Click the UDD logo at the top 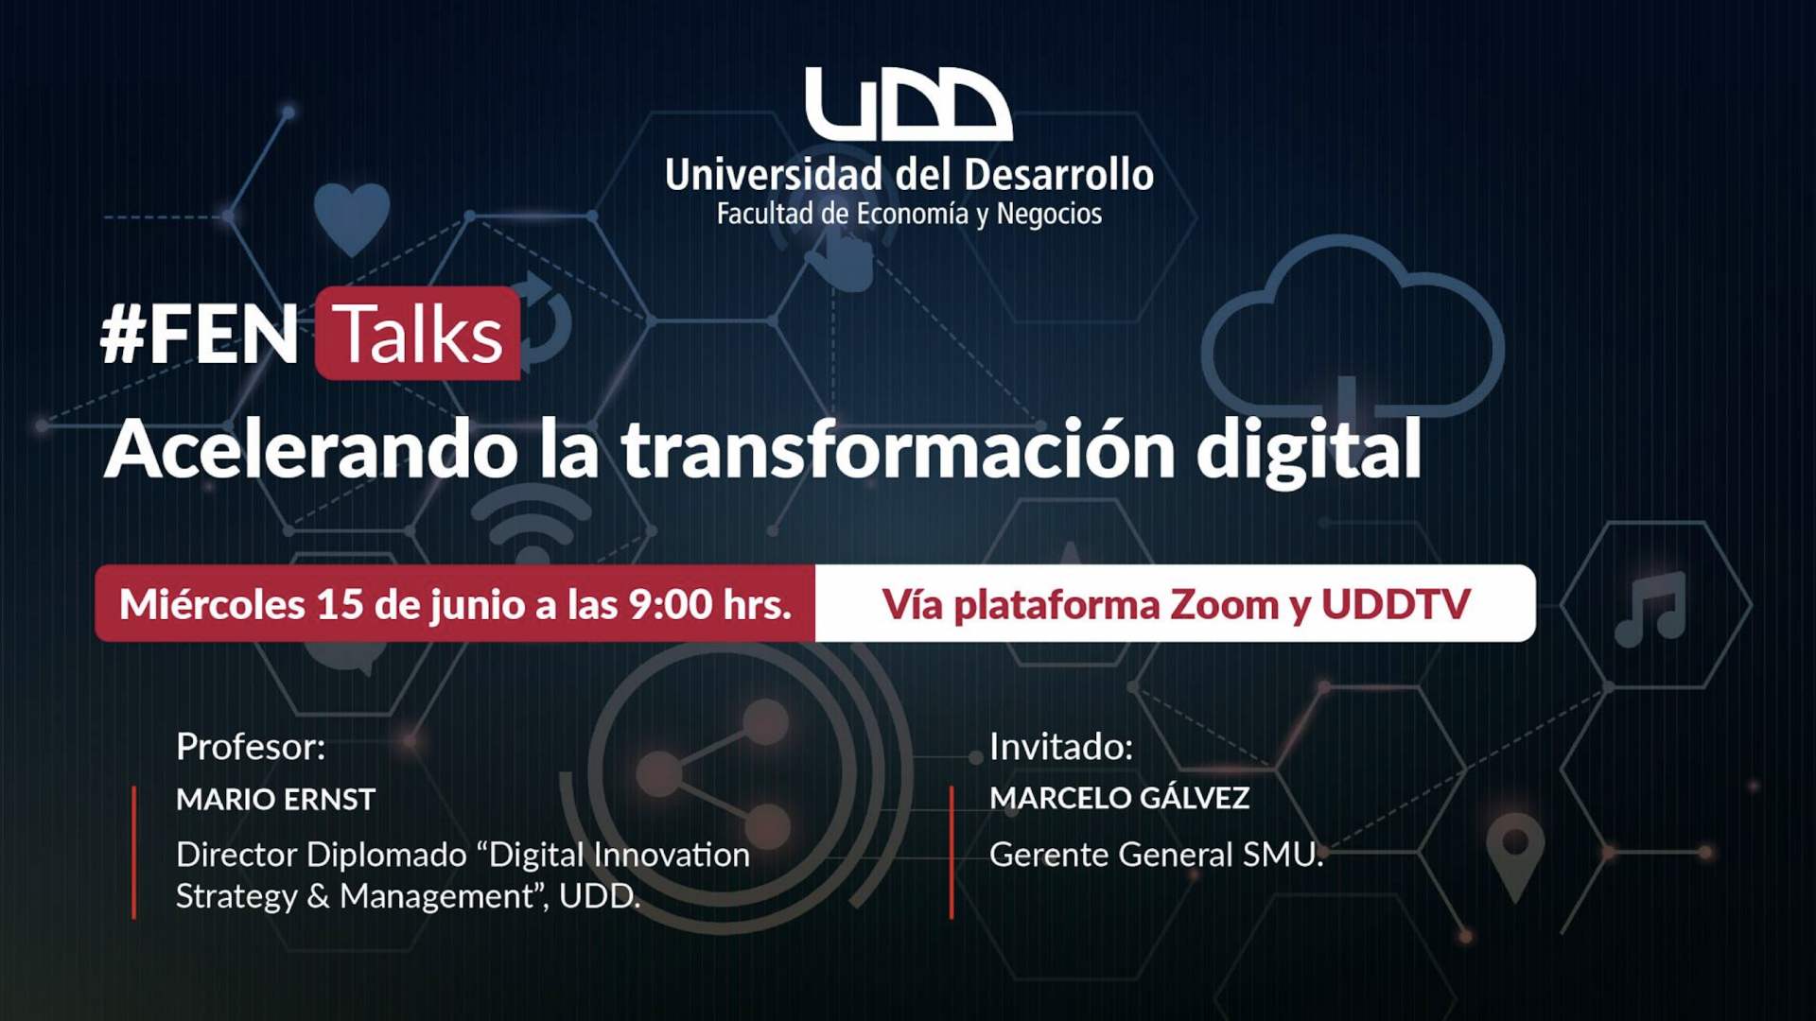pyautogui.click(x=908, y=104)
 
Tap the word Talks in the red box pyautogui.click(x=417, y=335)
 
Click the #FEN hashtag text pyautogui.click(x=200, y=335)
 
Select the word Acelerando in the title pyautogui.click(x=311, y=450)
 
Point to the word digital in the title pyautogui.click(x=1308, y=451)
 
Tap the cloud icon pyautogui.click(x=1353, y=326)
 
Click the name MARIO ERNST pyautogui.click(x=276, y=800)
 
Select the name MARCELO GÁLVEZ pyautogui.click(x=1120, y=798)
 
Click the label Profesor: pyautogui.click(x=251, y=747)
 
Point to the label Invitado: pyautogui.click(x=1061, y=747)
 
